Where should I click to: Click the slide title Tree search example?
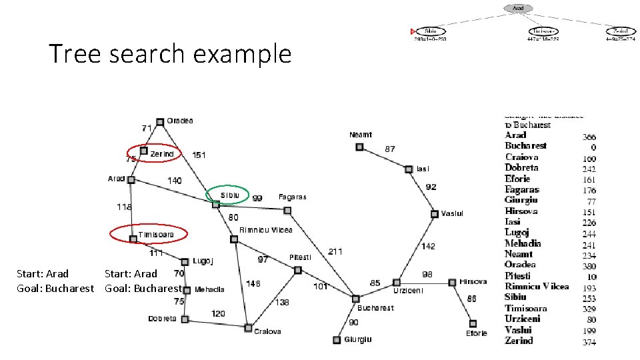[x=170, y=53]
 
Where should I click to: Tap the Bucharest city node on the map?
[x=356, y=299]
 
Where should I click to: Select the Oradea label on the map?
[x=180, y=121]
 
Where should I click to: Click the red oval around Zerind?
[x=154, y=153]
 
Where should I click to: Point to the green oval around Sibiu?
[x=227, y=194]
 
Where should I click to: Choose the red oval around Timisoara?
[x=149, y=234]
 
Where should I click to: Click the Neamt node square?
[x=359, y=147]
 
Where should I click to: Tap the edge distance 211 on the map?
[x=336, y=251]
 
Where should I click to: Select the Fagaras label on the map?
[x=293, y=197]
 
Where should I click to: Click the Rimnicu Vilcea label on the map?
[x=266, y=230]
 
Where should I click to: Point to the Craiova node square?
[x=248, y=328]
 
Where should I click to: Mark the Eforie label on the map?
[x=477, y=333]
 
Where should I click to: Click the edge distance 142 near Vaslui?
[x=428, y=247]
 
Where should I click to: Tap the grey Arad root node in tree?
[x=519, y=8]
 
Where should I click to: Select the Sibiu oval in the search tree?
[x=431, y=31]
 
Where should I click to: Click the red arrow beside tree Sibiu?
[x=413, y=31]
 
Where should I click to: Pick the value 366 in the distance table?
[x=589, y=136]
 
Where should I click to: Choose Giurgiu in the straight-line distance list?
[x=521, y=200]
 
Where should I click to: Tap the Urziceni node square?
[x=396, y=282]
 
